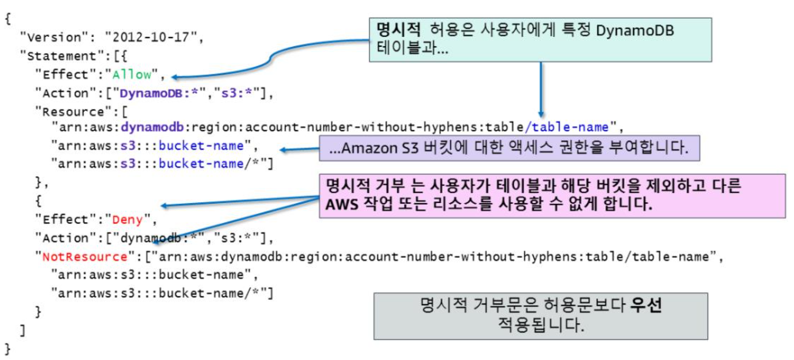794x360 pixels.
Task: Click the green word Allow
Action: coord(135,75)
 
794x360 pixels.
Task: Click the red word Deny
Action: coord(131,218)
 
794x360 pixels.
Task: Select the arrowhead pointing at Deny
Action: coord(164,206)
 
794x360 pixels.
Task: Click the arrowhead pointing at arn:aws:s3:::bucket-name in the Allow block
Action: coord(282,149)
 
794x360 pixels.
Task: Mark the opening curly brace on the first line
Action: coord(7,18)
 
